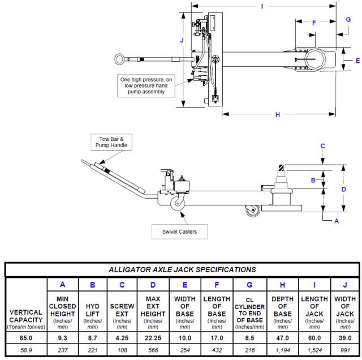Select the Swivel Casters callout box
click(180, 232)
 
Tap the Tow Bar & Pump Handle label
click(111, 142)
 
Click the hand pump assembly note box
click(146, 85)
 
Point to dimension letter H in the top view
click(278, 114)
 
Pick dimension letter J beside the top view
click(182, 40)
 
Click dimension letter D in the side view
click(343, 190)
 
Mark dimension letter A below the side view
click(337, 221)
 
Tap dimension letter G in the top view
click(348, 20)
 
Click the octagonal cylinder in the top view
click(316, 59)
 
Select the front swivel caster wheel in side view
click(178, 203)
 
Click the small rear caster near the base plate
click(253, 211)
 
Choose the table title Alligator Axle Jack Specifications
click(182, 269)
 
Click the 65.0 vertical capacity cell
click(26, 338)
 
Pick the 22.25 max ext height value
click(153, 338)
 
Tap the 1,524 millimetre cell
click(314, 350)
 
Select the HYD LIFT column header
click(92, 310)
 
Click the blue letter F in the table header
click(217, 285)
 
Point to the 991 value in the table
click(345, 350)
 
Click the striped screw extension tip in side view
click(281, 168)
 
